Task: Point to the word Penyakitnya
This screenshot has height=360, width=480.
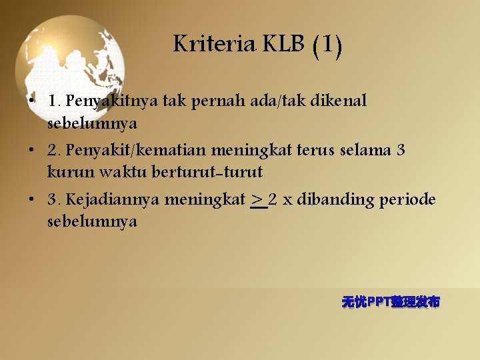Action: coord(113,101)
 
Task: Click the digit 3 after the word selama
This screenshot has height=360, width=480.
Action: coord(401,149)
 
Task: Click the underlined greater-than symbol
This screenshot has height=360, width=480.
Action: coord(257,199)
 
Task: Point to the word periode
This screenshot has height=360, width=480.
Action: coord(408,199)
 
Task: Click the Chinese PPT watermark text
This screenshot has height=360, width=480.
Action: coord(391,302)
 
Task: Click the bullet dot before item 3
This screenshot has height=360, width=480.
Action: coord(32,199)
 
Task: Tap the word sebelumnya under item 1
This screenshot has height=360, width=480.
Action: coord(92,123)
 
